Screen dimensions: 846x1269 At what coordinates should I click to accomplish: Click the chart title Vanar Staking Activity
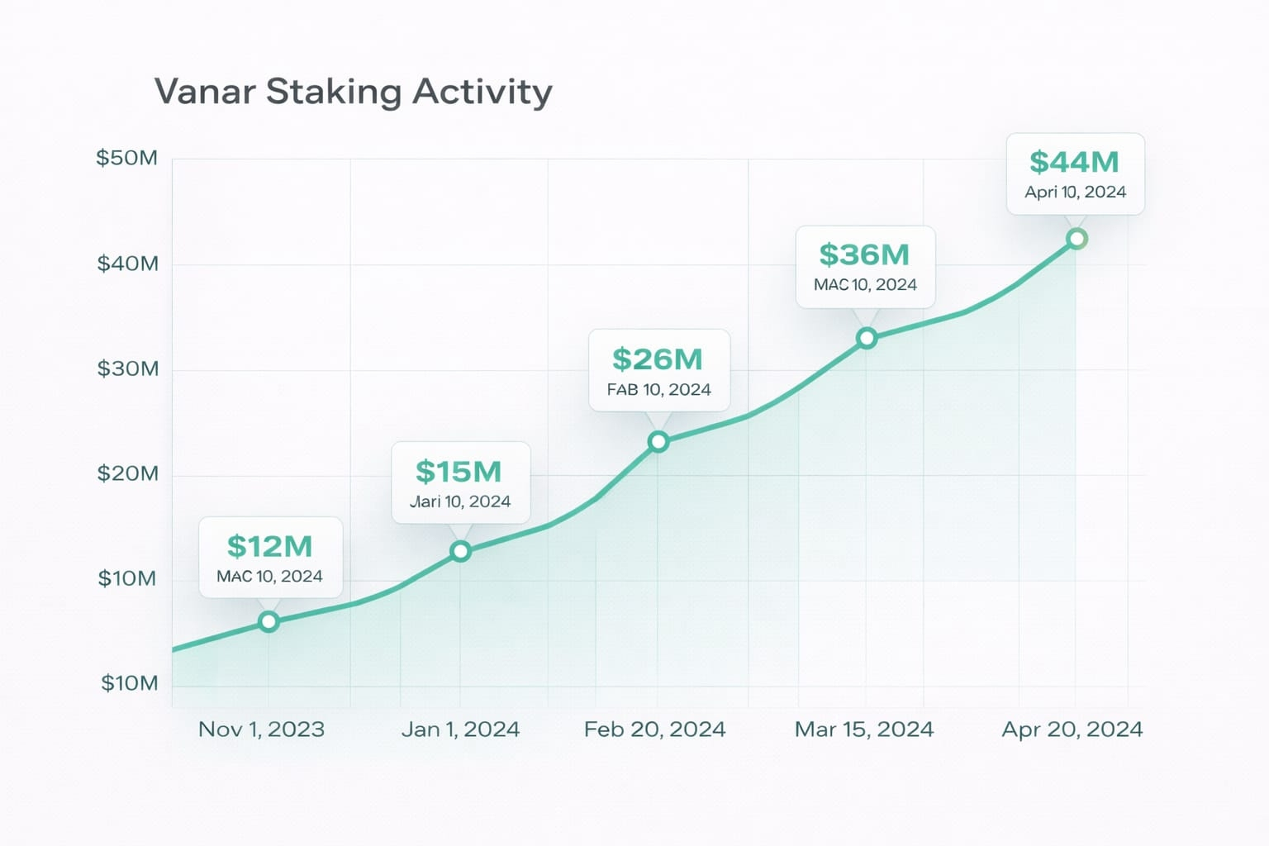[x=353, y=91]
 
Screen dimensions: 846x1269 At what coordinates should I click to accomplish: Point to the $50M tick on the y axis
[x=126, y=158]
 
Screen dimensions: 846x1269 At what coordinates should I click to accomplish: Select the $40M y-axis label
[x=127, y=264]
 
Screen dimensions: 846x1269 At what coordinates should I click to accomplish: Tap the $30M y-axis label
[x=127, y=368]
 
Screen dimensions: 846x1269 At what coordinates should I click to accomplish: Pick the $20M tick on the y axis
[x=127, y=473]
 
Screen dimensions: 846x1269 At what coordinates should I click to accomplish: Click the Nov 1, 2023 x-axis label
[x=261, y=730]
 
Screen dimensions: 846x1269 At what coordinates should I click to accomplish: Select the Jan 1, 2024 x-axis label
[x=460, y=730]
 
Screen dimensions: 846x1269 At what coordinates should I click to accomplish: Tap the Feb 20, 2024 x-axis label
[x=654, y=730]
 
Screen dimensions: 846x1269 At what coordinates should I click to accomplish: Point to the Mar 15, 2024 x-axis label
[x=863, y=730]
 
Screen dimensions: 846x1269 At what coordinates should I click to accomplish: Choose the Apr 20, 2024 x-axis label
[x=1072, y=730]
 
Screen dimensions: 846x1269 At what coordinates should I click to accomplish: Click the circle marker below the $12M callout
[x=269, y=622]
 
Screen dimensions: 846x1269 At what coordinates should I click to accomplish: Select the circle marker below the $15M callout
[x=460, y=551]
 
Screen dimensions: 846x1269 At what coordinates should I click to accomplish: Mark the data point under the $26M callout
[x=658, y=442]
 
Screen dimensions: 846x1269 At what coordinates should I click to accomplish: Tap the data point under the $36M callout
[x=867, y=338]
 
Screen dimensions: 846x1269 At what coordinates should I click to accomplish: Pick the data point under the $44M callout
[x=1077, y=239]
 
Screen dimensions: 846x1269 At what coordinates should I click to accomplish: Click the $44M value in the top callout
[x=1074, y=162]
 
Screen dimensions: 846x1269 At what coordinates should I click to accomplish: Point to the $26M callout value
[x=658, y=359]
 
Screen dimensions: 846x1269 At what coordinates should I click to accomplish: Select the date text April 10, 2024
[x=1075, y=192]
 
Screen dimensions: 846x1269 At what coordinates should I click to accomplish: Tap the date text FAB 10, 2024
[x=658, y=390]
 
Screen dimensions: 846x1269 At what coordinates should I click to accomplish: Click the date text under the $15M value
[x=460, y=501]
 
